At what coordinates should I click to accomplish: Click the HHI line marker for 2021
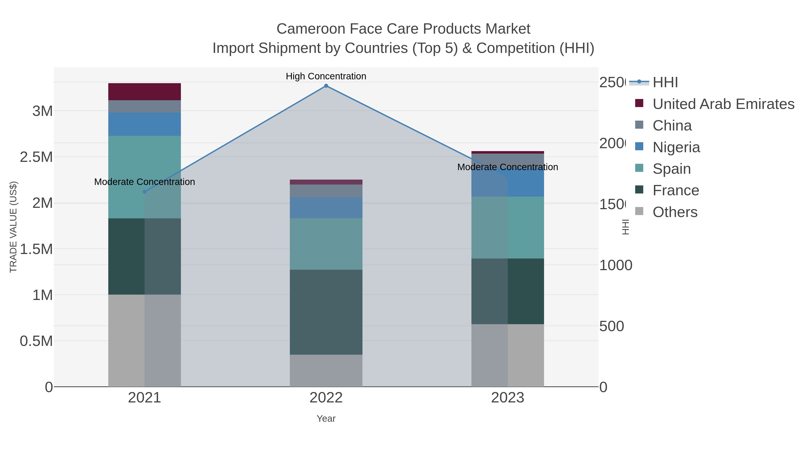[x=144, y=192]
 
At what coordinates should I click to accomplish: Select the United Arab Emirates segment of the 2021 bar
[x=144, y=91]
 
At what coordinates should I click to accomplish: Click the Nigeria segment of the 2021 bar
[x=144, y=124]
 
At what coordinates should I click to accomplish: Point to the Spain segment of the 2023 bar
[x=508, y=228]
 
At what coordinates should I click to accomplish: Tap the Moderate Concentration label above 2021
[x=144, y=182]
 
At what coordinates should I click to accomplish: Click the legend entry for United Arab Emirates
[x=723, y=104]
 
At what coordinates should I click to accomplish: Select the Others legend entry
[x=675, y=212]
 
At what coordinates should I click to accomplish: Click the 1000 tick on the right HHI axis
[x=616, y=265]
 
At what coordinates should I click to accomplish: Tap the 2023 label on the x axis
[x=508, y=397]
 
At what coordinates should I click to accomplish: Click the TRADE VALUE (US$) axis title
[x=13, y=227]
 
